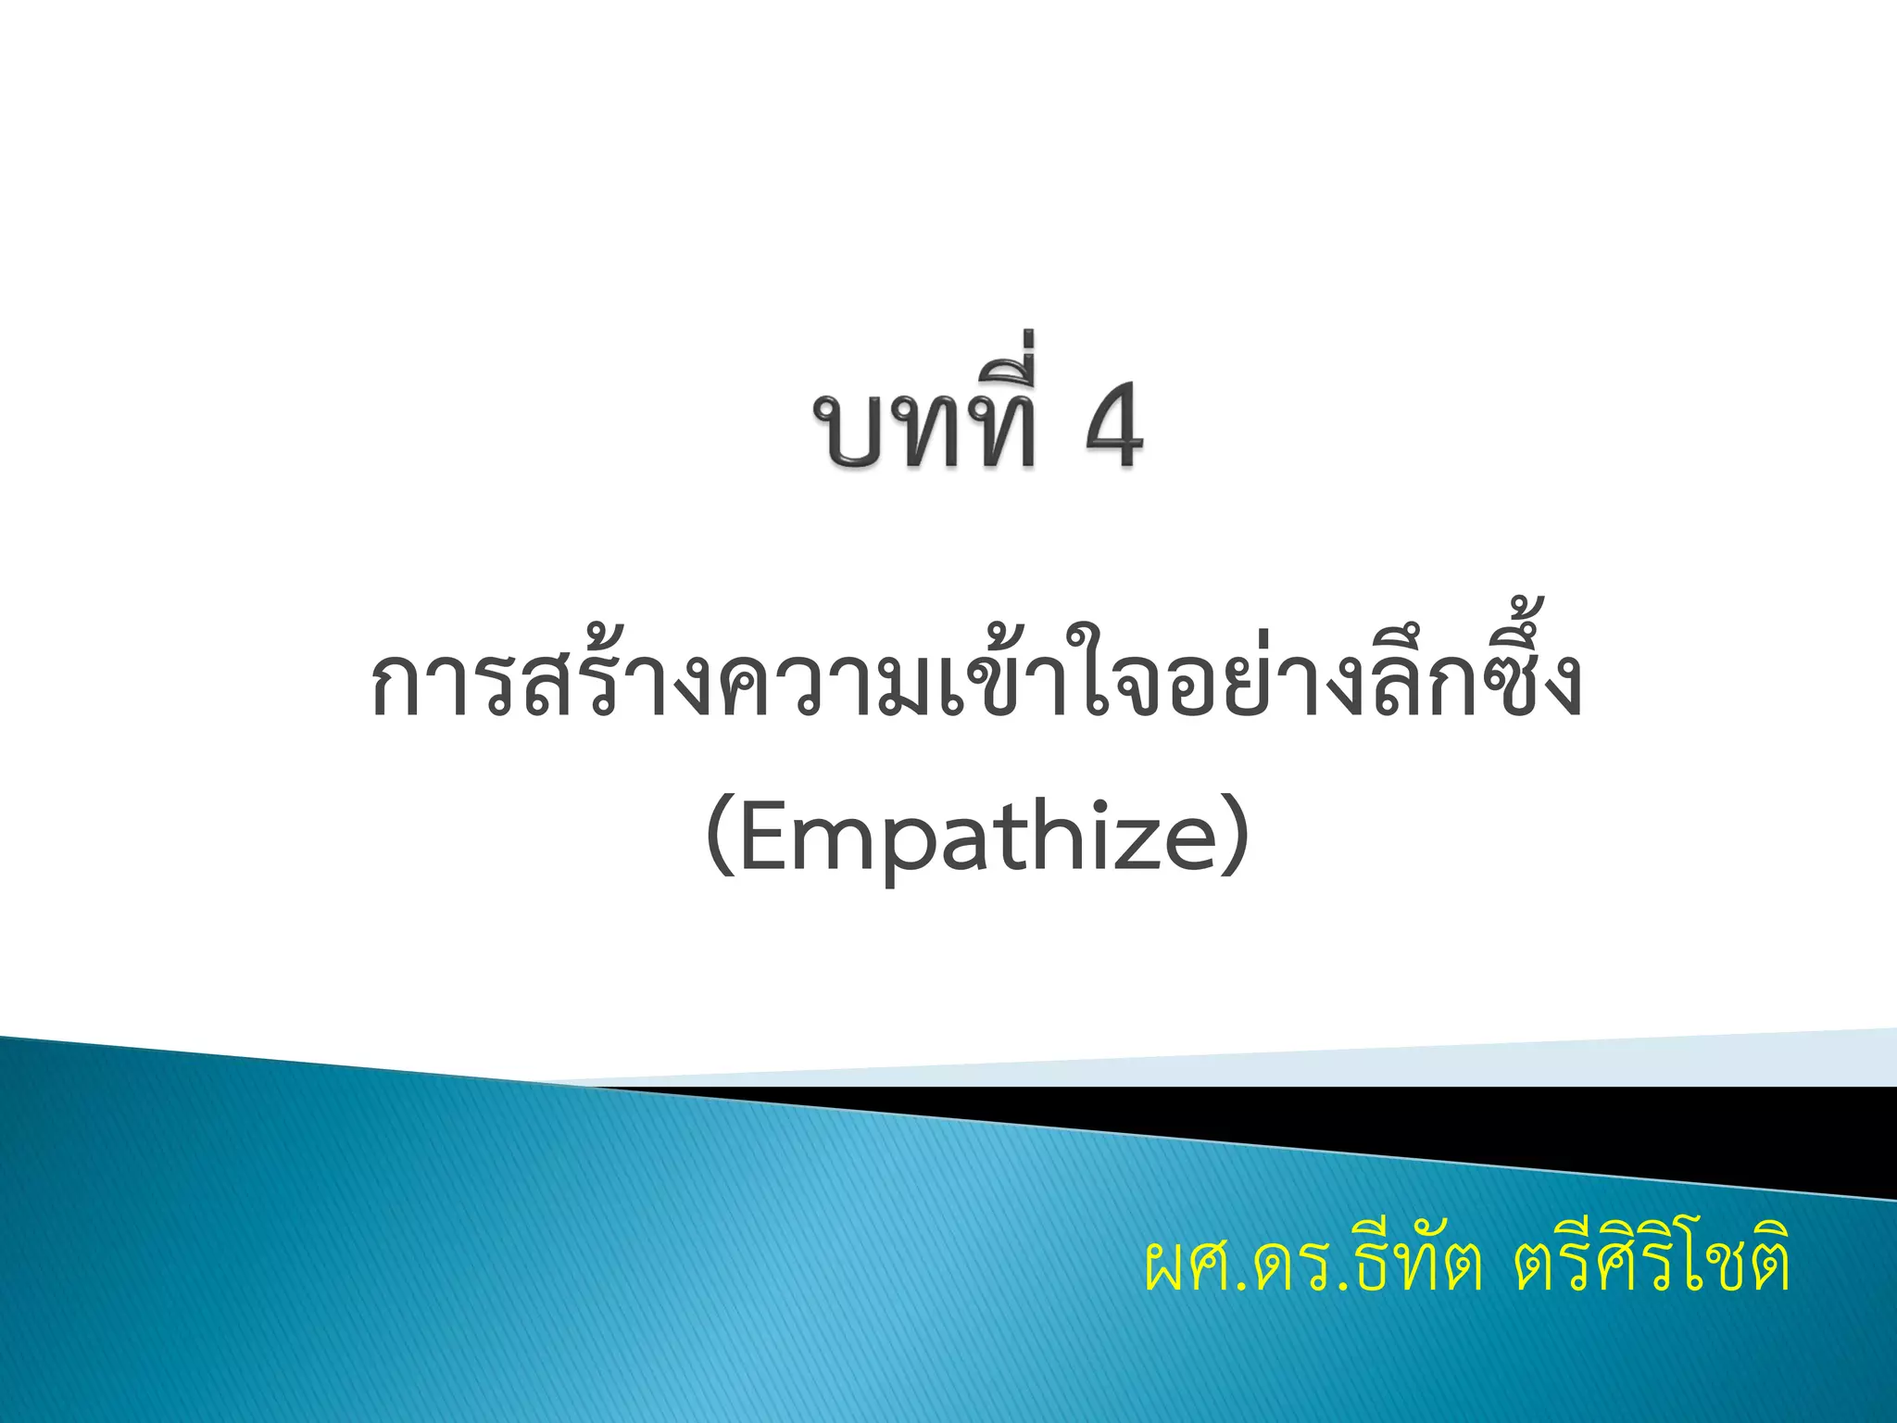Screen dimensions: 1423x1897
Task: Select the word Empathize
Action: [x=978, y=837]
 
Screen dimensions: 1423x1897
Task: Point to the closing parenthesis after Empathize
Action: [x=1236, y=837]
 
